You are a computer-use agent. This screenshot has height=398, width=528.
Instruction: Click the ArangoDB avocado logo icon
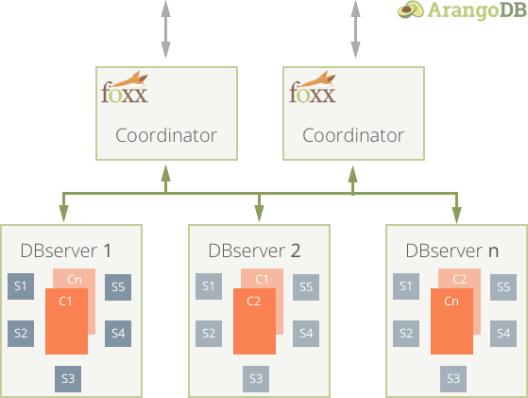tap(411, 9)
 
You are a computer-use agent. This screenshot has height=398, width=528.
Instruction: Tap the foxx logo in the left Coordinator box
tap(125, 87)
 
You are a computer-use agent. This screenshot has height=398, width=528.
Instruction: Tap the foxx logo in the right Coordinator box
tap(313, 87)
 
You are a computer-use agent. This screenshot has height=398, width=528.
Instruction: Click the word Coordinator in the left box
tap(166, 135)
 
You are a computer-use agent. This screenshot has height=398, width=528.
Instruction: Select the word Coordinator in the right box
tap(353, 135)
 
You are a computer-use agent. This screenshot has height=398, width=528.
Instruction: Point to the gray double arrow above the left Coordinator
tap(165, 29)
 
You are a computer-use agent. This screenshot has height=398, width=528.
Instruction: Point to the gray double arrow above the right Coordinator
tap(355, 29)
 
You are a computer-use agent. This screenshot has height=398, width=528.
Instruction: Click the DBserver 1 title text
tap(66, 251)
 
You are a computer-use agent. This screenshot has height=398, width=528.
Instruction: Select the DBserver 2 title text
tap(254, 251)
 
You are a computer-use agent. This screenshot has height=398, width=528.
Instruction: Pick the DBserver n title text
tap(452, 251)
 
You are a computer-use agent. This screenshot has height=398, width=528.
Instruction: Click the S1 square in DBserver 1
tap(21, 286)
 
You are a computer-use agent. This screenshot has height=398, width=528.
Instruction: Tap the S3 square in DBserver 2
tap(256, 379)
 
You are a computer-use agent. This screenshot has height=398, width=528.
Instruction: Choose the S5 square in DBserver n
tap(503, 287)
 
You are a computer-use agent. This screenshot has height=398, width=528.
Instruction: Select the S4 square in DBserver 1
tap(118, 334)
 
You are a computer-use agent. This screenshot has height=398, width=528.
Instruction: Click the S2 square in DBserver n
tap(406, 334)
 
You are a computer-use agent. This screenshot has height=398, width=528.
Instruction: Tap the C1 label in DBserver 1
tap(65, 301)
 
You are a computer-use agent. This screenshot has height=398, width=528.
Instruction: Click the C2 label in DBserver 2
tap(253, 301)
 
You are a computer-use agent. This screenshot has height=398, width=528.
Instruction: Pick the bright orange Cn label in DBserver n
tap(451, 301)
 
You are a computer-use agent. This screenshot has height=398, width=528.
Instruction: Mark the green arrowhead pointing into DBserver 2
tap(259, 213)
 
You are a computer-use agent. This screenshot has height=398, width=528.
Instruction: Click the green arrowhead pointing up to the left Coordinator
tap(165, 174)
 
